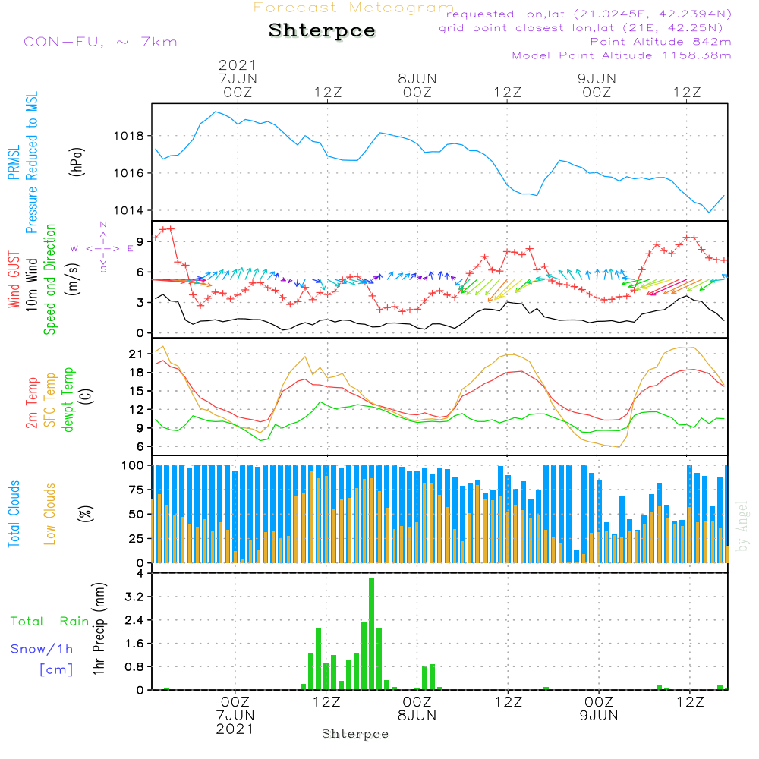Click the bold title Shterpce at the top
coord(322,30)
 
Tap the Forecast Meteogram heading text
coord(354,8)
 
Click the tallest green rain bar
coord(372,634)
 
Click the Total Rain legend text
coord(50,622)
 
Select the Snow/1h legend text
coord(43,649)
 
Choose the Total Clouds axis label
coord(14,514)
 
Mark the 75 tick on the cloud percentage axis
coord(137,490)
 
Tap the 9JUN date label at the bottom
coord(597,716)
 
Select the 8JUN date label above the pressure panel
coord(417,78)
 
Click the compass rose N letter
coord(103,225)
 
